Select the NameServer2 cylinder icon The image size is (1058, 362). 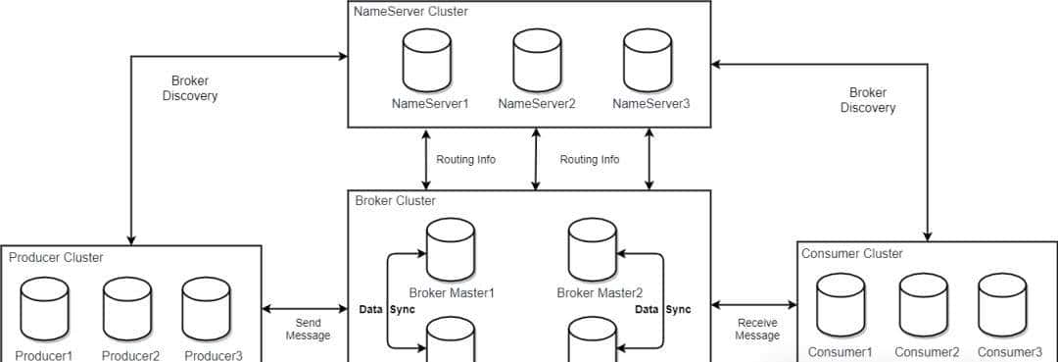click(x=537, y=60)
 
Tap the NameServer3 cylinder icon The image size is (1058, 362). click(x=649, y=60)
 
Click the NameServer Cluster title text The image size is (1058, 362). click(x=411, y=12)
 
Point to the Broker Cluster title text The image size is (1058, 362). click(x=396, y=201)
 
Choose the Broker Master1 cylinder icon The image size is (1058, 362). click(x=451, y=249)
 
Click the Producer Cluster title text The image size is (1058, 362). click(x=56, y=258)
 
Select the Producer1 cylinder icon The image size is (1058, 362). click(x=44, y=307)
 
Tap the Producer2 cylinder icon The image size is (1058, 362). click(x=128, y=307)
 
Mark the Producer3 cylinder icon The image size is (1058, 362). click(x=208, y=307)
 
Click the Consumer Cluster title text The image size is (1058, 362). click(x=852, y=254)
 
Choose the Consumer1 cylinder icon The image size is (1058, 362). click(x=841, y=304)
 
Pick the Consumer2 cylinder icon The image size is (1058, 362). click(x=923, y=304)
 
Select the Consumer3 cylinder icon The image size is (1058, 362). click(x=1002, y=304)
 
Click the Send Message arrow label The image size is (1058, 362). click(x=308, y=329)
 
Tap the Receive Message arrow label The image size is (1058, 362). click(x=757, y=329)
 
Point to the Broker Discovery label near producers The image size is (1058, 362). click(x=190, y=88)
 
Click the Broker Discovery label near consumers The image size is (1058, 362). click(x=867, y=100)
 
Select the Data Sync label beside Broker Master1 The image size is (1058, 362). click(x=388, y=309)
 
